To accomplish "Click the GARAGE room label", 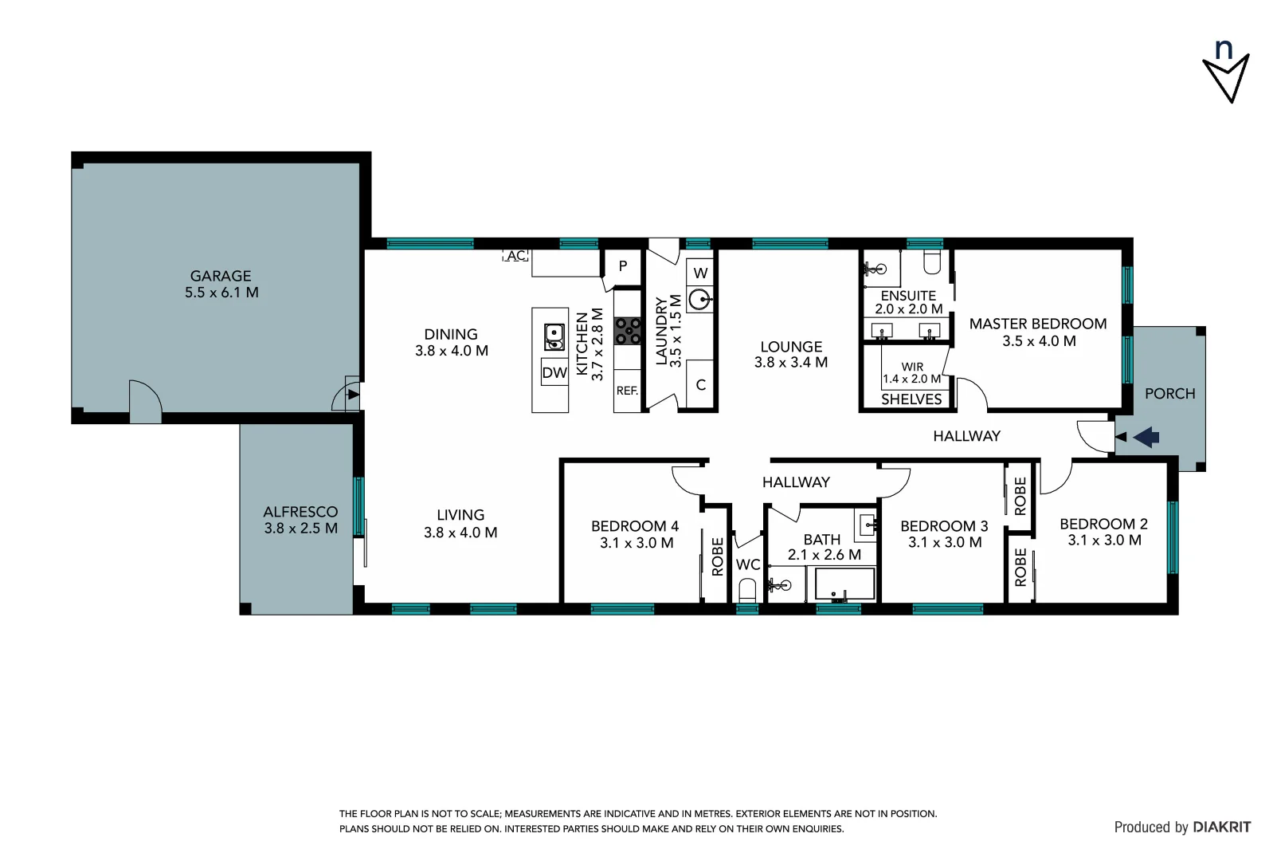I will click(221, 276).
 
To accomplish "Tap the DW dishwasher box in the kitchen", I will click(554, 372).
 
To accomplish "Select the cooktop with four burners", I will click(628, 331).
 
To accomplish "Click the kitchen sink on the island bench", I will click(554, 336).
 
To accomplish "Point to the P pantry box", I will click(623, 266).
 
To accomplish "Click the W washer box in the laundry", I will click(700, 273).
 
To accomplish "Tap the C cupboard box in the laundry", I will click(700, 385).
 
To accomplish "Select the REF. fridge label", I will click(627, 391).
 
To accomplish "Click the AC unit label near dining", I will click(516, 256).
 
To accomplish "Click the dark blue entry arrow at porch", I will click(1146, 437).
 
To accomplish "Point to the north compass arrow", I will click(1226, 76).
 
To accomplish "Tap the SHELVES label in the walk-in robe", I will click(911, 399).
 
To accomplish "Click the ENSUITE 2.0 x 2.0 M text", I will click(908, 302).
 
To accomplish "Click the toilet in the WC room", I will click(747, 590).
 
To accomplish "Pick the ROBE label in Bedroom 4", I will click(717, 556).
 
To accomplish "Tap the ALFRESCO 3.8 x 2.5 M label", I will click(300, 520).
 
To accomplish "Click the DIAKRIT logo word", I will click(1221, 827).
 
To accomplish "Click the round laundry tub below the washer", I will click(700, 301).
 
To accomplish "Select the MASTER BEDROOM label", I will click(1037, 324).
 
